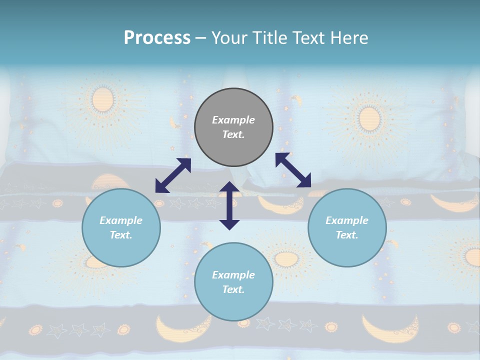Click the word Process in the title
157,38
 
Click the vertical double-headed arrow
229,205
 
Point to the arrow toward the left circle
173,175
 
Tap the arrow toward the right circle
293,170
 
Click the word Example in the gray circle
233,120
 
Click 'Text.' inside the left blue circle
121,235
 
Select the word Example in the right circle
347,220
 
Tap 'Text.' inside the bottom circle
233,289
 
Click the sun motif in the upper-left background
103,99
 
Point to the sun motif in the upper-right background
369,118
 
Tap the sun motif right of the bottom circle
286,258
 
